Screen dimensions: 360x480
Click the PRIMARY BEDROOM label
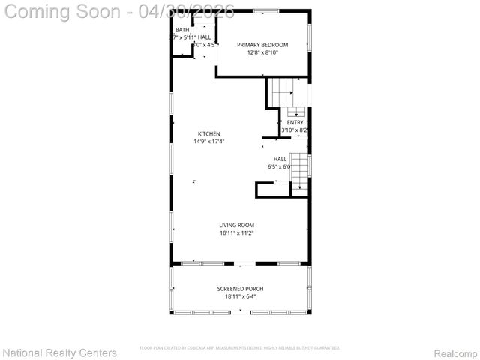point(262,45)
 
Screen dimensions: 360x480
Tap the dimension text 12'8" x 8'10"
point(262,52)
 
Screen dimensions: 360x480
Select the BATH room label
point(182,30)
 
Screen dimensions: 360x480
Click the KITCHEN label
point(208,134)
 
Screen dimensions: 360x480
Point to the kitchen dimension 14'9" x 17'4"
point(208,141)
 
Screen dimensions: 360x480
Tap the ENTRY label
point(295,122)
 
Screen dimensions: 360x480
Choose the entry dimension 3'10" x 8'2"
point(295,130)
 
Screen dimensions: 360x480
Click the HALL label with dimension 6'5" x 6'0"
point(280,159)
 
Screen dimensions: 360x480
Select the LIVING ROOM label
point(236,225)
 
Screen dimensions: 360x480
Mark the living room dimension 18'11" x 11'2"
point(236,232)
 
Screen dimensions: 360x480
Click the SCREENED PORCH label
point(240,289)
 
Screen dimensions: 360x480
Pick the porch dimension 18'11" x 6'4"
point(240,296)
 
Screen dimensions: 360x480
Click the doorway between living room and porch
point(245,263)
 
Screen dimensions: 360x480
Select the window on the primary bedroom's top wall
point(262,10)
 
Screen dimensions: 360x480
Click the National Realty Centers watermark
point(60,352)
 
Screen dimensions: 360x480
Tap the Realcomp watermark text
point(455,352)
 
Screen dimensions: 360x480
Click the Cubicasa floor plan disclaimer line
point(240,348)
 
